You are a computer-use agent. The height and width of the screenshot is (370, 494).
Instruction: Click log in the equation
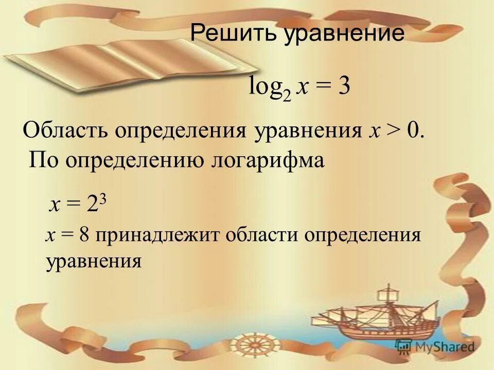click(x=266, y=86)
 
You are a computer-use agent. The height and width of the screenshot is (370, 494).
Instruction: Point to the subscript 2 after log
click(x=287, y=94)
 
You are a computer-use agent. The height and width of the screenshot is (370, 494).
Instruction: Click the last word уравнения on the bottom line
click(x=93, y=262)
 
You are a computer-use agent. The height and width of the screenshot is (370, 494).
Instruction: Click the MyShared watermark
click(x=435, y=346)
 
